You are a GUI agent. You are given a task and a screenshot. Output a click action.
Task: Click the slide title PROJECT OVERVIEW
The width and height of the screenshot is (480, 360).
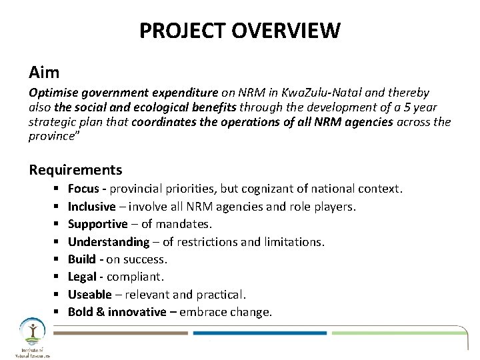pos(240,31)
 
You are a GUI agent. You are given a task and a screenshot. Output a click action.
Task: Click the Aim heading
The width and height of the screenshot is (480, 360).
pos(44,70)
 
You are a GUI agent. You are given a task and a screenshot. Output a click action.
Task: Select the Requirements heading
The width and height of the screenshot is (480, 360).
pos(75,169)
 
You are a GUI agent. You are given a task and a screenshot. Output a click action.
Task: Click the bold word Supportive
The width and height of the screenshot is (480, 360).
pos(97,224)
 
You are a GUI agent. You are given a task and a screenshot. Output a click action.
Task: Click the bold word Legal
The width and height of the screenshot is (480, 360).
pos(82,276)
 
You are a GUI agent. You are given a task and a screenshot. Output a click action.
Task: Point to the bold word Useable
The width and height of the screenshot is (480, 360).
pos(89,294)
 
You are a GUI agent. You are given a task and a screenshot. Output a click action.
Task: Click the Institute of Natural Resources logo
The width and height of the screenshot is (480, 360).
pos(29,337)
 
